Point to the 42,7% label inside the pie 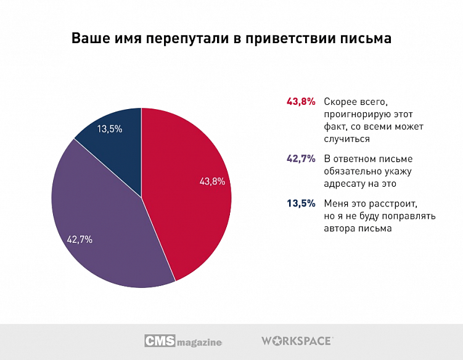click(x=80, y=239)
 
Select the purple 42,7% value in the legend click(x=301, y=158)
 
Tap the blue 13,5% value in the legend click(x=301, y=203)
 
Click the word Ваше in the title click(x=89, y=38)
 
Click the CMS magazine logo click(x=183, y=341)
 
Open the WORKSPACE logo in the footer click(x=297, y=341)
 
